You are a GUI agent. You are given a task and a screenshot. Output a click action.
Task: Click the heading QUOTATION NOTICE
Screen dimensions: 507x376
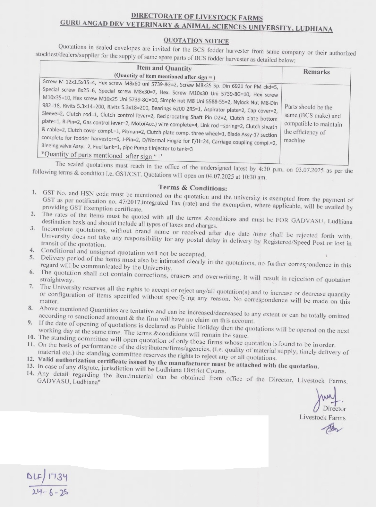click(196, 41)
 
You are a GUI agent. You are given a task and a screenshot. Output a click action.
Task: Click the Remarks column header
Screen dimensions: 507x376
click(316, 72)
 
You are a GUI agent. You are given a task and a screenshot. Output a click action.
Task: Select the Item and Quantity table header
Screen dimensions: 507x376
click(164, 68)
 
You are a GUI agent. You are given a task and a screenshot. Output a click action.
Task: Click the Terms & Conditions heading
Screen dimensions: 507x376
click(193, 188)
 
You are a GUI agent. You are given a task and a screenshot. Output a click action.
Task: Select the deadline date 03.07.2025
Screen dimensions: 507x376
click(309, 170)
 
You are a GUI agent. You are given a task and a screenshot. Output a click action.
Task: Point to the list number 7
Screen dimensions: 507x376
click(31, 286)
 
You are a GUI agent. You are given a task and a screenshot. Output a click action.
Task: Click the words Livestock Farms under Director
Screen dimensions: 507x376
click(322, 417)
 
